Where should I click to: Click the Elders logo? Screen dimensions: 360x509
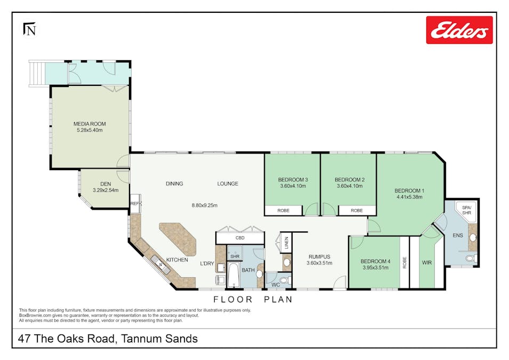pos(459,30)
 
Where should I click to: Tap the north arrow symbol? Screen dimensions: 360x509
pos(29,29)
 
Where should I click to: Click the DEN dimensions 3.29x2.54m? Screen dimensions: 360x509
pos(105,190)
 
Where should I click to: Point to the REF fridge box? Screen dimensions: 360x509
pos(135,204)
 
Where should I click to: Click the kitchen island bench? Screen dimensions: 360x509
pos(178,239)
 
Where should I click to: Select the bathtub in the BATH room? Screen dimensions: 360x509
pos(234,274)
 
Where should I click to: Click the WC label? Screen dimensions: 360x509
pos(276,285)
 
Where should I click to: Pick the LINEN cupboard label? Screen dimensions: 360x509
pos(286,242)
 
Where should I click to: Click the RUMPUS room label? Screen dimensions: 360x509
pos(319,256)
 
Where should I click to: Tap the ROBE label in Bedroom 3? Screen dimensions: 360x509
pos(284,211)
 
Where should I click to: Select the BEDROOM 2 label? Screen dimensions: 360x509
pos(349,180)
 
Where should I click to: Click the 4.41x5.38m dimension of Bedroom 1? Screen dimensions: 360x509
pos(409,197)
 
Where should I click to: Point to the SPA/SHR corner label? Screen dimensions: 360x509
pos(467,210)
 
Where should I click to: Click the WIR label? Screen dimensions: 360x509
pos(427,262)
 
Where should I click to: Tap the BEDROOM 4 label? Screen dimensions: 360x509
pos(375,261)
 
